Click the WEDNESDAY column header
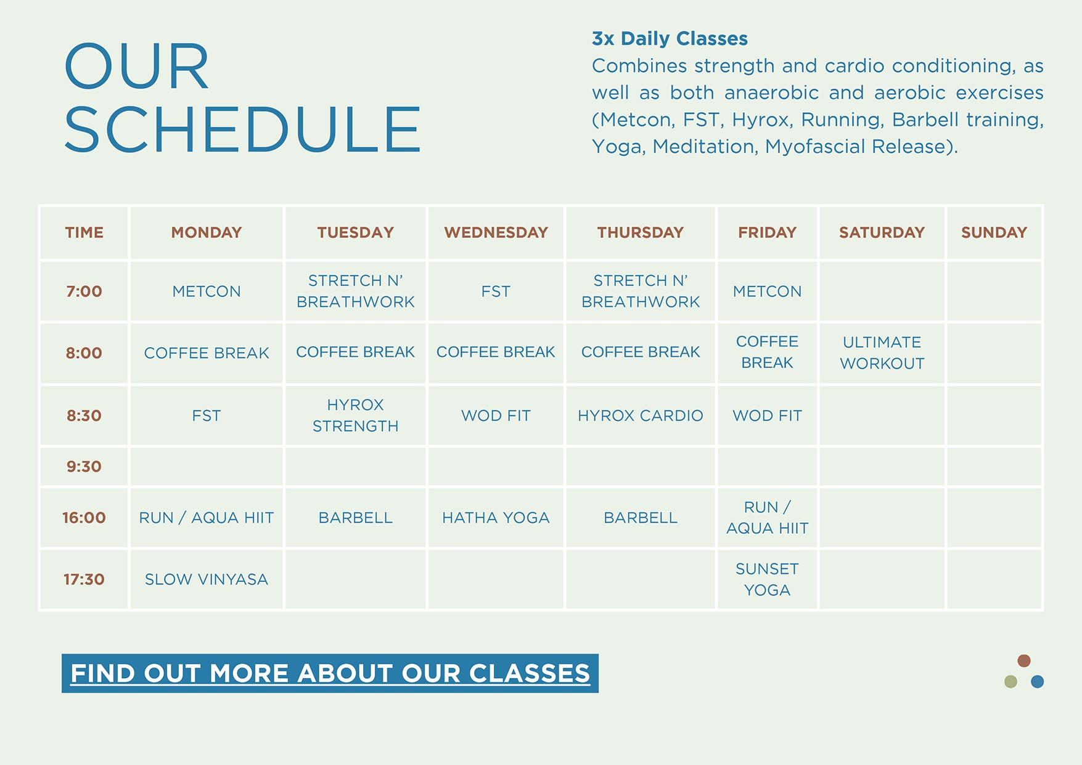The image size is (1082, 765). coord(496,232)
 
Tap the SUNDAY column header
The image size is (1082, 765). coord(994,232)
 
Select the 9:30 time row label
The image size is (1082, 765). coord(84,467)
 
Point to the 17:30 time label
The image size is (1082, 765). coord(84,579)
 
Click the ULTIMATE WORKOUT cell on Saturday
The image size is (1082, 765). coord(882,353)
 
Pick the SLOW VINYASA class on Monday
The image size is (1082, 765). coord(207,579)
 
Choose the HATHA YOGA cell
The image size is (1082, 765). coord(496,518)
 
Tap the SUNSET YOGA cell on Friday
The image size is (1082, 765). coord(767,579)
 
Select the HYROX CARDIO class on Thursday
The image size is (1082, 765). coord(641,415)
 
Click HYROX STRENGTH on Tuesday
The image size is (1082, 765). coord(355,415)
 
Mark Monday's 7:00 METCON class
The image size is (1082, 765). coord(207,292)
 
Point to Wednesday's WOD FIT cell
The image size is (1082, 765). coord(496,415)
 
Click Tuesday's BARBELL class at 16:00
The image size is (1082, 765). coord(355,518)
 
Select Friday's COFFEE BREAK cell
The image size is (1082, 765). coord(767,352)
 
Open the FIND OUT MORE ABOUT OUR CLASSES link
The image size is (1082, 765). coord(330,673)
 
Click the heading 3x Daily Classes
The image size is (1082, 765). coord(670,38)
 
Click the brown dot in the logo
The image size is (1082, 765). coord(1024,661)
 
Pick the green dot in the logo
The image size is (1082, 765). coord(1010,682)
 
